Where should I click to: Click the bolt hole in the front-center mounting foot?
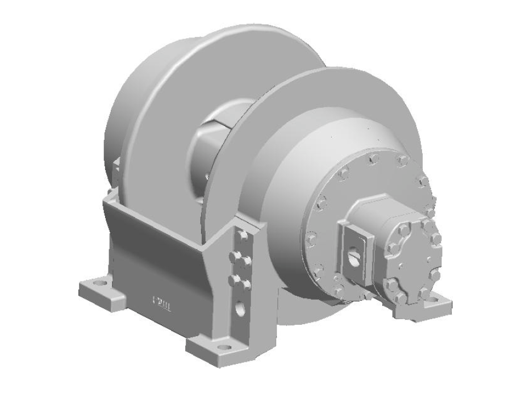[x=223, y=345]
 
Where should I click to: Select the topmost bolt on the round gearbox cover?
[x=372, y=160]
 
